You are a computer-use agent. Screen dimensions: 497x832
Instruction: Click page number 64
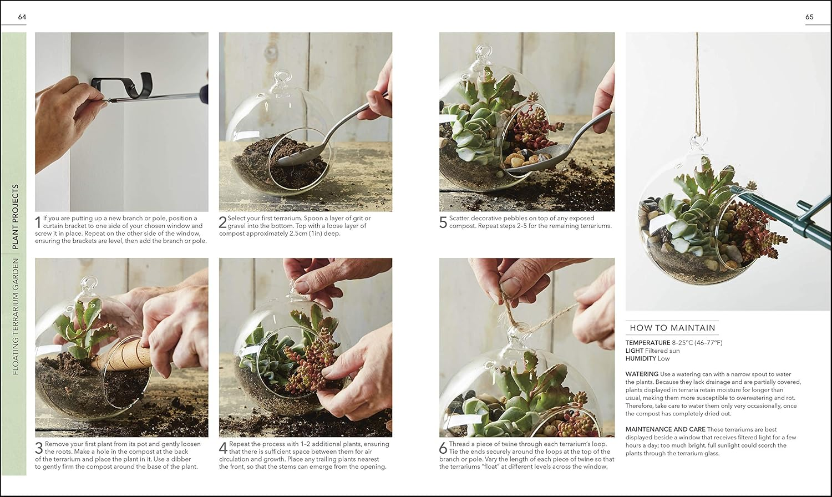click(x=22, y=17)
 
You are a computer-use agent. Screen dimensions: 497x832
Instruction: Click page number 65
click(x=809, y=17)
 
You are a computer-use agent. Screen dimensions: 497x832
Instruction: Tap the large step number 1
click(x=38, y=222)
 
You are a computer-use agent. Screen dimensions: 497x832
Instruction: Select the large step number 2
click(x=222, y=222)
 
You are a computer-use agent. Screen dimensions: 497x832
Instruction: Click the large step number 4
click(x=223, y=448)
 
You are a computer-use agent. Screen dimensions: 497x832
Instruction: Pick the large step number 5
click(x=443, y=222)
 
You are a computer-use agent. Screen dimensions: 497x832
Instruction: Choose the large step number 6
click(x=443, y=448)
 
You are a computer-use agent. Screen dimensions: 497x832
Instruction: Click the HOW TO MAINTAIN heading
click(x=672, y=328)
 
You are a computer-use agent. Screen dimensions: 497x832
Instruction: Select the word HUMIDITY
click(x=641, y=358)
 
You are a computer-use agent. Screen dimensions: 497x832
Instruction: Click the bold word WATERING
click(x=642, y=374)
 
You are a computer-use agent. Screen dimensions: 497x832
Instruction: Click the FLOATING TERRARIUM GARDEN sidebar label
click(x=15, y=316)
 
